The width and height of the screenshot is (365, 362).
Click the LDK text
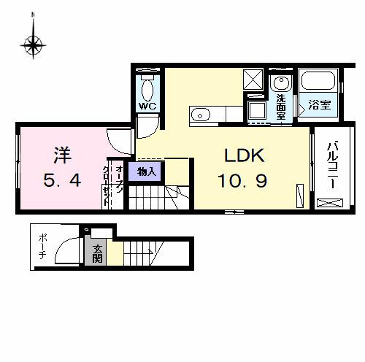coord(243,155)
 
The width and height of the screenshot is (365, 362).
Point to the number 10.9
coord(243,179)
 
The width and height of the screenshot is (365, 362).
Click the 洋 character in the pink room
coord(61,155)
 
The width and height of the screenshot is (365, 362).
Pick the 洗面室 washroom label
coord(281,106)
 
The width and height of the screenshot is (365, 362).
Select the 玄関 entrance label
coord(97,253)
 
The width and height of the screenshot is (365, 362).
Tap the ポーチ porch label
coord(43,246)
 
